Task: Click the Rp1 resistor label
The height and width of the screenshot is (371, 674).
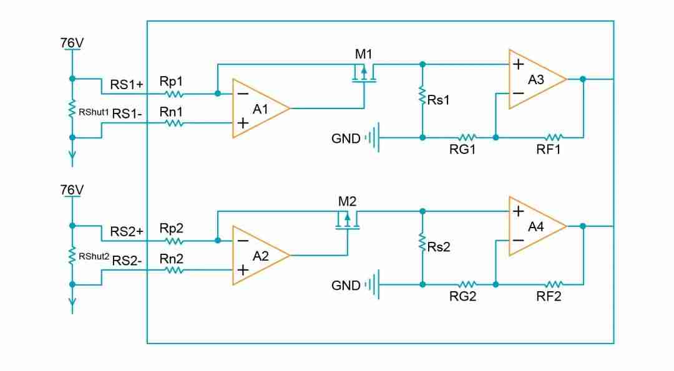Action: [171, 82]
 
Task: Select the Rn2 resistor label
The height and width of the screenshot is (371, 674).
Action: [171, 258]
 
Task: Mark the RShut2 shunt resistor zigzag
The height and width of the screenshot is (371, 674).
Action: [72, 255]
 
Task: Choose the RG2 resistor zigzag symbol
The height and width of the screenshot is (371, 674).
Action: [468, 284]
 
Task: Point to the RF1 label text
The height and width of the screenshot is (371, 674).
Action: [549, 150]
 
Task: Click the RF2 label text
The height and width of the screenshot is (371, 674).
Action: [549, 297]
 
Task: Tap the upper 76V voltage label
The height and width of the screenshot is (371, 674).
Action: [72, 42]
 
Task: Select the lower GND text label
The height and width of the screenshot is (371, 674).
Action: [346, 286]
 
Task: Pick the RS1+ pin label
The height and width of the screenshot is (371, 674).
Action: [127, 84]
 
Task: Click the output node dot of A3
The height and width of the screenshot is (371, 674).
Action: [583, 79]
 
